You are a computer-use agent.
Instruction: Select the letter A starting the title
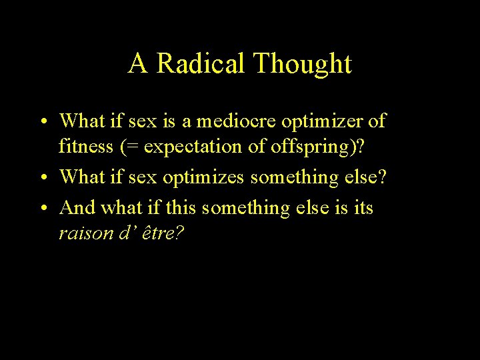coord(138,64)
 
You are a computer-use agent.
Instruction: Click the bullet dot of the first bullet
coord(42,122)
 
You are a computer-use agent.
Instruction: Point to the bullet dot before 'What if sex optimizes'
coord(42,178)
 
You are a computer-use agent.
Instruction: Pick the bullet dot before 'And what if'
coord(42,209)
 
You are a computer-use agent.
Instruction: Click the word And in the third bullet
coord(77,208)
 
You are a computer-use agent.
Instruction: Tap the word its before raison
coord(362,208)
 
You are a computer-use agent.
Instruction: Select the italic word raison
coord(83,234)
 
